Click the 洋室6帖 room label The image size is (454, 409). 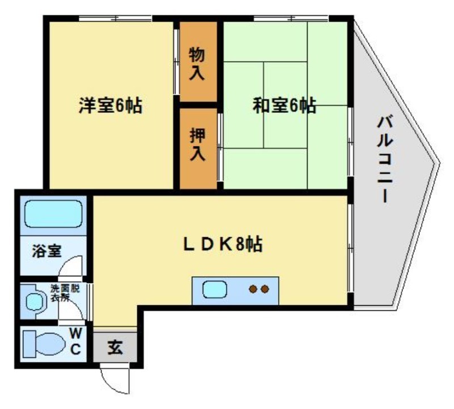[x=110, y=106]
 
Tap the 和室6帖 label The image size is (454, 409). [x=284, y=106]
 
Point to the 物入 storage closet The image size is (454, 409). [x=197, y=63]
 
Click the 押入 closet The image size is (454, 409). [x=197, y=145]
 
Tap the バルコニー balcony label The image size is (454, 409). [x=386, y=159]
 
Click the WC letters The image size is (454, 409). [x=75, y=340]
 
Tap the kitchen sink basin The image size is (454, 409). [x=216, y=290]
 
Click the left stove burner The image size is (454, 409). [x=253, y=290]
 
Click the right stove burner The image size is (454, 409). [x=264, y=290]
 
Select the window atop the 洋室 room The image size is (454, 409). [x=116, y=19]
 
